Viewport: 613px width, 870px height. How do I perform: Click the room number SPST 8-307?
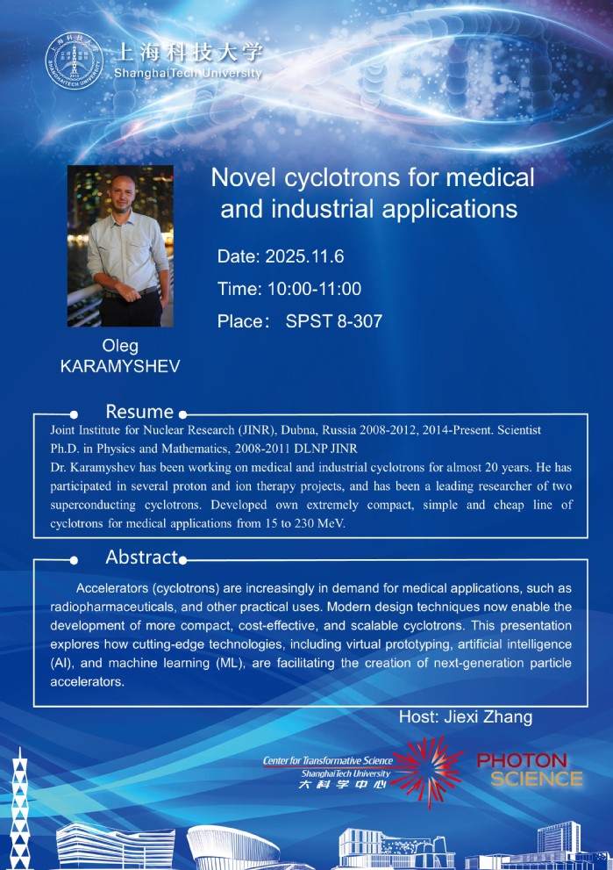(334, 321)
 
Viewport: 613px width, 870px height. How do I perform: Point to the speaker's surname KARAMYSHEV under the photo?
(120, 367)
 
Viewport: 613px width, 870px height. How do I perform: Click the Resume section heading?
(139, 412)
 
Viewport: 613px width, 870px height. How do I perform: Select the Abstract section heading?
(142, 557)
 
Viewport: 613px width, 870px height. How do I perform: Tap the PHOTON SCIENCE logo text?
(529, 769)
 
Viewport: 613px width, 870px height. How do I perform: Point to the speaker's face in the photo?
(120, 194)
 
